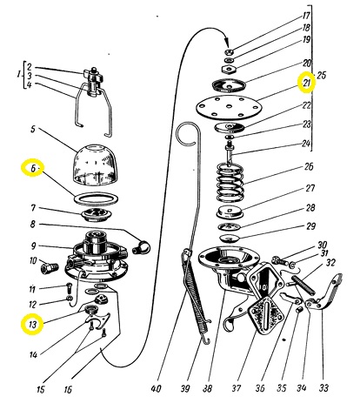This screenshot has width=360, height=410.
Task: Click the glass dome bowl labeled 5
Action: click(x=94, y=165)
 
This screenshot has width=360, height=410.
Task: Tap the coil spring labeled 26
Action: click(x=230, y=182)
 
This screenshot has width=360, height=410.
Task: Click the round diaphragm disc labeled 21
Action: click(x=229, y=108)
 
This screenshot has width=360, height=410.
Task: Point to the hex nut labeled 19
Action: click(x=230, y=70)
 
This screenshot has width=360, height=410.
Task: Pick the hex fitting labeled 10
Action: click(x=50, y=267)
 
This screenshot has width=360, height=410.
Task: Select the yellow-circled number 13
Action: click(x=32, y=324)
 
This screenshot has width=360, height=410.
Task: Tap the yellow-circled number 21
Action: click(x=307, y=83)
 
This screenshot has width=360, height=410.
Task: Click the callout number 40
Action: click(x=156, y=388)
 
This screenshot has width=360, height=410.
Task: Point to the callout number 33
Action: click(x=323, y=387)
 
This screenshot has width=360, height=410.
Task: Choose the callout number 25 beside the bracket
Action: click(x=321, y=75)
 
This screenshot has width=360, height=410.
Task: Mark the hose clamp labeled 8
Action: click(x=142, y=247)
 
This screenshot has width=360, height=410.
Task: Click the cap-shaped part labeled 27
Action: click(x=230, y=212)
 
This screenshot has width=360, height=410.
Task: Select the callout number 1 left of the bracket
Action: click(x=19, y=75)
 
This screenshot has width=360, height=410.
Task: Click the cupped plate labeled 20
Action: click(x=229, y=85)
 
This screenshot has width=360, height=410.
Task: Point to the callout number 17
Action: click(x=306, y=16)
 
